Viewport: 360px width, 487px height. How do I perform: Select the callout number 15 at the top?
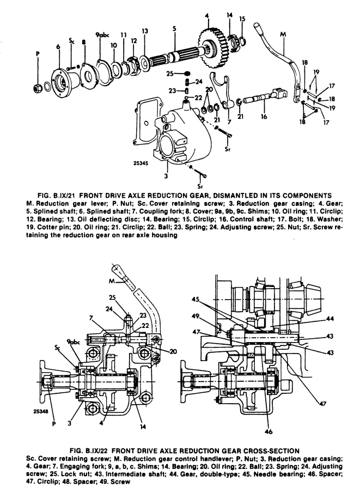tap(242, 18)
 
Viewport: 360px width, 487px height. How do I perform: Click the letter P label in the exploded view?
tap(38, 53)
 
